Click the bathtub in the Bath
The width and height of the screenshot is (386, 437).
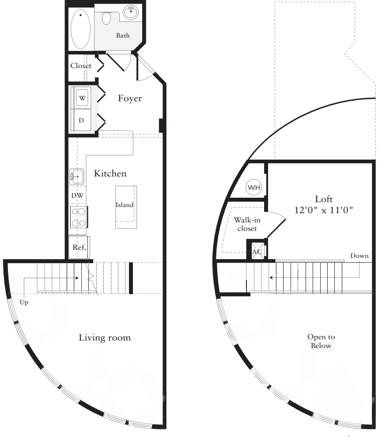(x=80, y=29)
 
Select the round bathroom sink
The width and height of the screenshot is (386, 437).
(x=130, y=12)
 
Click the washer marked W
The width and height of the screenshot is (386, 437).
(x=83, y=97)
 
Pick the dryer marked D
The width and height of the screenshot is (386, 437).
(x=81, y=119)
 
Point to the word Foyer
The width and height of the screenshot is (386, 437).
(x=130, y=98)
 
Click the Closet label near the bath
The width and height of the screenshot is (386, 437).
(x=81, y=65)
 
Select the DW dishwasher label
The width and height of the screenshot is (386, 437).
(x=77, y=195)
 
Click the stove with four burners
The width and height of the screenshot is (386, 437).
(x=78, y=217)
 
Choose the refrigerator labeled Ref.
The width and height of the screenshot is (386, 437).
(x=79, y=248)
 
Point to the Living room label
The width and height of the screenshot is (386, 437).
(x=105, y=338)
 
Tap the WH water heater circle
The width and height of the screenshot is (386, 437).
(x=254, y=188)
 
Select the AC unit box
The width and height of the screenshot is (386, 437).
(x=257, y=251)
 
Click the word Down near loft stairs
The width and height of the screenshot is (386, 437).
(x=359, y=256)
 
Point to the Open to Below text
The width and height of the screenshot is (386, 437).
(x=321, y=341)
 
